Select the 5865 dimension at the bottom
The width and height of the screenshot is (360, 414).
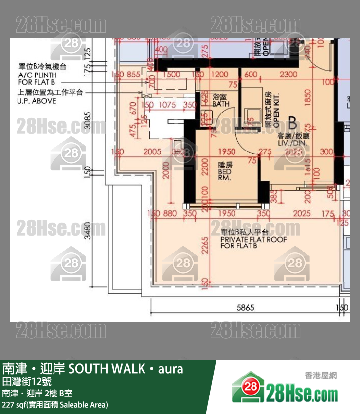246,308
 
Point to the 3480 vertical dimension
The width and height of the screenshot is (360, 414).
88,230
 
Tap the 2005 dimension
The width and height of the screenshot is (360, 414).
153,152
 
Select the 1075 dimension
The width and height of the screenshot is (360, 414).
167,105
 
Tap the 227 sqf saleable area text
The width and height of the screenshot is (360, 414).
55,405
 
